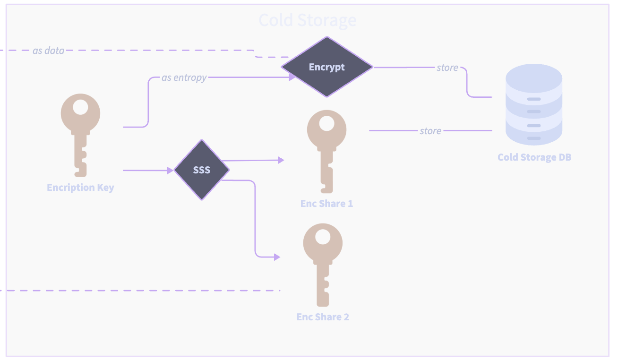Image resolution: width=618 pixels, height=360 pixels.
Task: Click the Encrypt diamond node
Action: tap(327, 67)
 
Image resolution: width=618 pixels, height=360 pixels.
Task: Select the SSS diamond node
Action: tap(202, 170)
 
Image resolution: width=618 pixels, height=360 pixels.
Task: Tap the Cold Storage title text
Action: tap(308, 20)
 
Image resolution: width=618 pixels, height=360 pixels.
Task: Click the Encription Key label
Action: tap(81, 188)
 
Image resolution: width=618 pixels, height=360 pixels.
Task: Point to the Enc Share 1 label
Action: tap(326, 204)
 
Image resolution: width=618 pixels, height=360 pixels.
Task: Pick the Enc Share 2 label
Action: tap(323, 317)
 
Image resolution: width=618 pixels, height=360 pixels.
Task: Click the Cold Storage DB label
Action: tap(534, 157)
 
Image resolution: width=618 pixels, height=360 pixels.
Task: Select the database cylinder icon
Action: tap(534, 104)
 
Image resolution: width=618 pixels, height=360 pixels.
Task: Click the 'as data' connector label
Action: tap(48, 50)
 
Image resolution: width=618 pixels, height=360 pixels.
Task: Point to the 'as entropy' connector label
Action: tap(184, 77)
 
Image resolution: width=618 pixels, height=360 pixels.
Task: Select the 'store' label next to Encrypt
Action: tap(447, 68)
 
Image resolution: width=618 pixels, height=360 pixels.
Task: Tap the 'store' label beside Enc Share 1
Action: tap(430, 130)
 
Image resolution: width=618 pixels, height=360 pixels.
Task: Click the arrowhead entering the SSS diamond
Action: tap(171, 170)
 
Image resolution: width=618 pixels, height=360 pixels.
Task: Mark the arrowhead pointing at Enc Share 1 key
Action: tap(281, 160)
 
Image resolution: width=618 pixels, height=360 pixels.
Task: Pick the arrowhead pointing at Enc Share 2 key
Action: tap(277, 257)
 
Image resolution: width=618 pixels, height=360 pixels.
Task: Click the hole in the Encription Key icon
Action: tap(80, 108)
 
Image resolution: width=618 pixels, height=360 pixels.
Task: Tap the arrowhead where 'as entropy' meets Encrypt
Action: tap(292, 77)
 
